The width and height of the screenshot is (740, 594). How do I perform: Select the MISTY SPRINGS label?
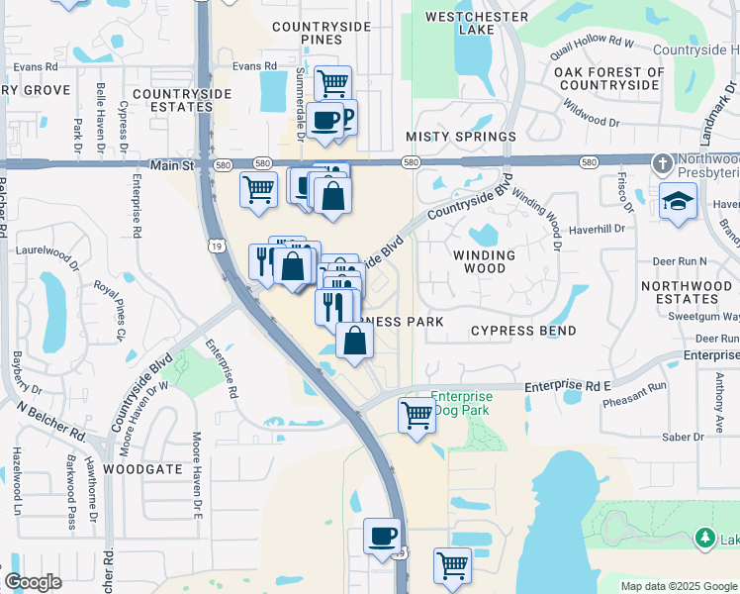coord(461,137)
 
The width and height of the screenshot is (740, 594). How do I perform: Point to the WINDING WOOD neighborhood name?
coord(485,262)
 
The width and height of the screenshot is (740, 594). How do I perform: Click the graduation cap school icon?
coord(679,200)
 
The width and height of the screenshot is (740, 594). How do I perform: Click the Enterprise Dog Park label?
coord(462,402)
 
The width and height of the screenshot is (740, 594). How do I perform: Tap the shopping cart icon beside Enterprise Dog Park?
coord(417,414)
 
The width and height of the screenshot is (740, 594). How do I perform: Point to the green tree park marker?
coord(704,539)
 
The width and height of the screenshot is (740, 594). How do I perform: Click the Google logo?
coord(33,582)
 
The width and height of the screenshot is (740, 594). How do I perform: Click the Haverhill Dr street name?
coord(598,228)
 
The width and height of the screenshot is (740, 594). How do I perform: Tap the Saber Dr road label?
coord(682,436)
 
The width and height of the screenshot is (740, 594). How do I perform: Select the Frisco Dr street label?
coord(625,190)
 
